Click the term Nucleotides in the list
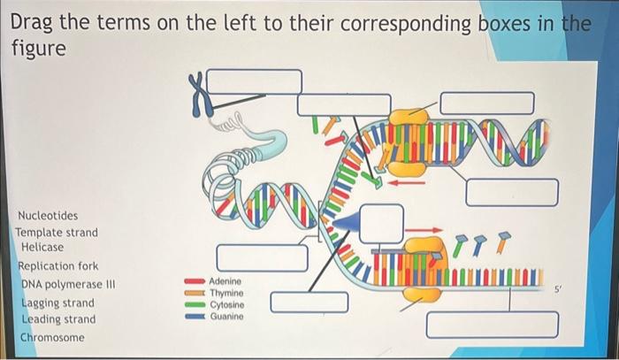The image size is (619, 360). pos(48,216)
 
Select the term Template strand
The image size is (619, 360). pos(57,233)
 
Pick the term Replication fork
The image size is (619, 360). pos(58,266)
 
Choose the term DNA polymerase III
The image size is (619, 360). pos(67,285)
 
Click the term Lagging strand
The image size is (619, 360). pos(57,303)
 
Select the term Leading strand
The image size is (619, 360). pos(57,319)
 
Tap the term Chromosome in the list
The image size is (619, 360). pos(53,338)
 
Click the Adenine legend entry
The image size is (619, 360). pos(225,280)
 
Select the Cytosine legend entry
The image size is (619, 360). pos(225,303)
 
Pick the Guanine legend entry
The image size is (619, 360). pos(225,315)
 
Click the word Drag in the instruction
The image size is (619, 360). pos(38,25)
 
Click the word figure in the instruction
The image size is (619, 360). pos(37,51)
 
